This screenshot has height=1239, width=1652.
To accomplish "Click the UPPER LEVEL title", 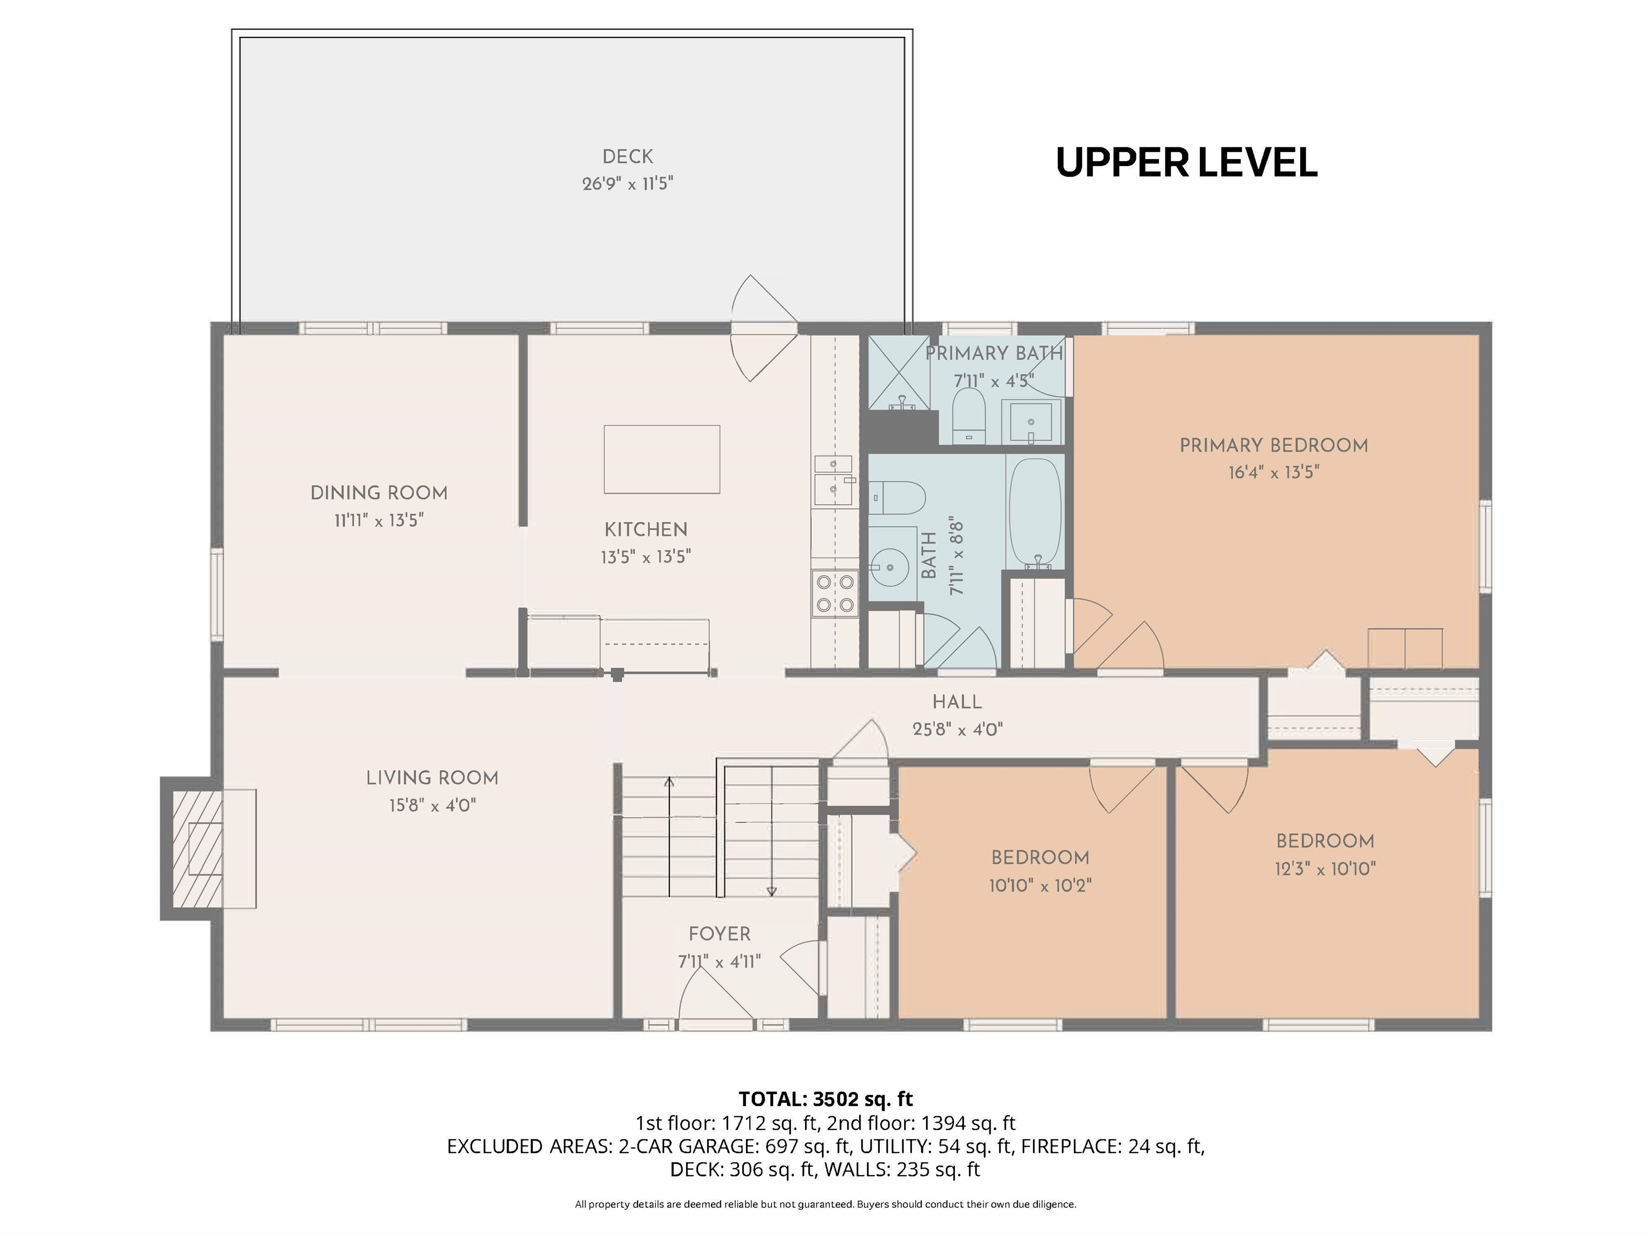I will click(x=1186, y=163).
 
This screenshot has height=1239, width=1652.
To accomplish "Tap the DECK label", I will click(x=628, y=157).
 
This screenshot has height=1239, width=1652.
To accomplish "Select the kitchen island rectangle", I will click(x=661, y=459).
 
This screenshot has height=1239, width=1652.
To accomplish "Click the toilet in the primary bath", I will click(x=970, y=413).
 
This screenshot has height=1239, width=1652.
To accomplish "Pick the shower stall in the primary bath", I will click(x=898, y=371).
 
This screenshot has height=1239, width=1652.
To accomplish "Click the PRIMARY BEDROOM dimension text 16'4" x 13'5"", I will click(x=1273, y=473).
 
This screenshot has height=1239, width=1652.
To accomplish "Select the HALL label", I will click(x=957, y=702).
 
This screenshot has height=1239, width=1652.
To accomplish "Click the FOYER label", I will click(x=719, y=934).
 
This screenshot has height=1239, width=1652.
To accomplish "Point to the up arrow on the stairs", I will click(x=669, y=782).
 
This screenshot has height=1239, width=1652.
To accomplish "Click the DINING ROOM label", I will click(x=379, y=493).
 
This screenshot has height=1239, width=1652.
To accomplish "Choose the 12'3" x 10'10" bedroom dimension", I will click(x=1325, y=868).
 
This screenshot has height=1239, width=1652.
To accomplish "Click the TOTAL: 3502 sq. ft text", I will click(x=825, y=1099).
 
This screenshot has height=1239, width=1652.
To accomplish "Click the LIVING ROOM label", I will click(x=432, y=778).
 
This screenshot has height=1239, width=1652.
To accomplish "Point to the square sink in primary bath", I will click(x=1031, y=422).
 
